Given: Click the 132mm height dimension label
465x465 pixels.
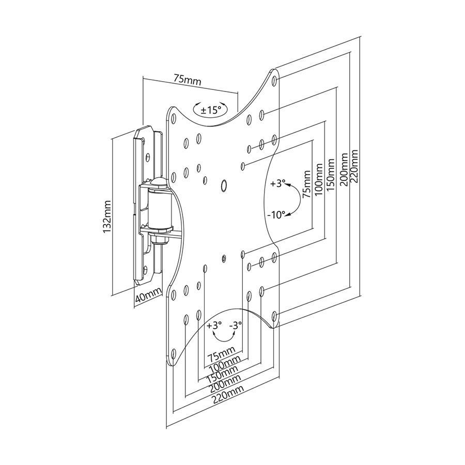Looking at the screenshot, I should point(107,217).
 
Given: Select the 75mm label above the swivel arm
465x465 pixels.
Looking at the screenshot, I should point(187,80).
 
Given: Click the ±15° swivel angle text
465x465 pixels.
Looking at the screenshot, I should point(211,110).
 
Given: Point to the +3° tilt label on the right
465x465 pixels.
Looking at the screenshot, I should point(277,183).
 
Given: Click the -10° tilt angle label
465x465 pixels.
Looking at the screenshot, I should point(276,214).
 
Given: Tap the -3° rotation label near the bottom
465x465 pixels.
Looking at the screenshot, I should point(236,326).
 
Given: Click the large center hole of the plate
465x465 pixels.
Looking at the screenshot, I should point(224,185).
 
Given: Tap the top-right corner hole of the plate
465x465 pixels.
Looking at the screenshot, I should point(275,81).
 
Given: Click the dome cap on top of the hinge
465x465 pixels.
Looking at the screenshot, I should point(158,182).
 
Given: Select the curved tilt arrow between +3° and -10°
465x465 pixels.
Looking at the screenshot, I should point(295,199).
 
